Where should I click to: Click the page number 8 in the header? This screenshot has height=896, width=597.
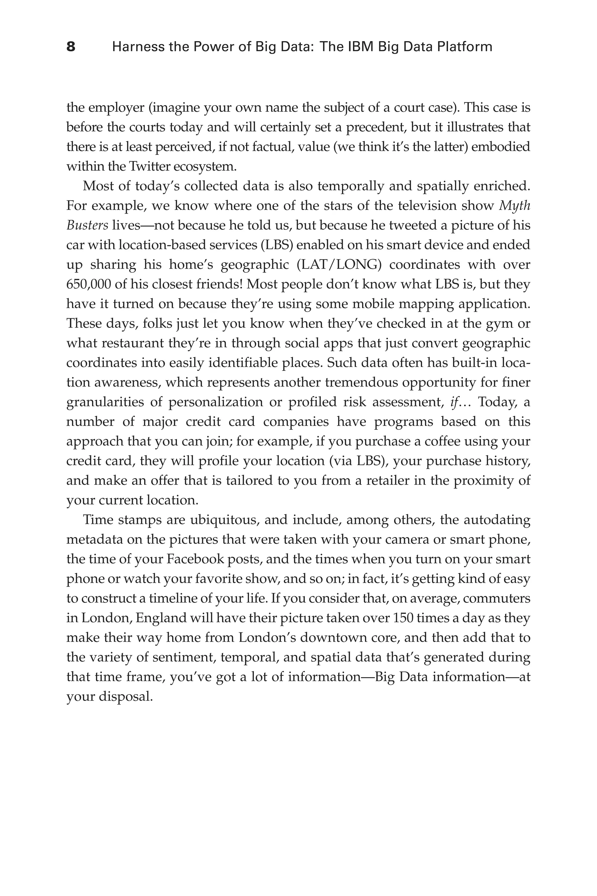tap(71, 47)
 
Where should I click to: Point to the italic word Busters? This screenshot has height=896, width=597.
tap(87, 225)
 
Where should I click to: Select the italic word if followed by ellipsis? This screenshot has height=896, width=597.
tap(455, 402)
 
